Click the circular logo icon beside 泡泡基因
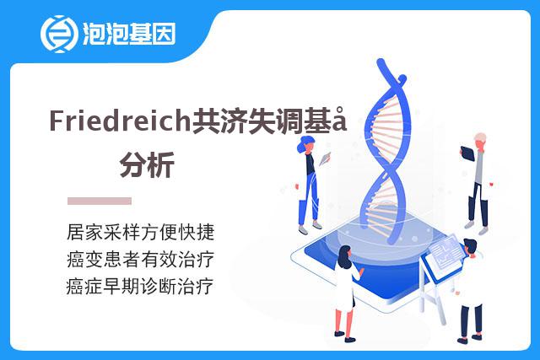point(58,34)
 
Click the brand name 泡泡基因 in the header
point(129,34)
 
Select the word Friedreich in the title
point(120,121)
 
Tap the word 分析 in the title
point(147,165)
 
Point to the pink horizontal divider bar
point(100,201)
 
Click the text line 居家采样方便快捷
point(141,232)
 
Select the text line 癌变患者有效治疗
point(141,259)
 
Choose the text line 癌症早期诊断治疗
point(140,287)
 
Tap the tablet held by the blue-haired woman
point(325,159)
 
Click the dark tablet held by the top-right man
point(467,153)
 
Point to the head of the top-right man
point(480,141)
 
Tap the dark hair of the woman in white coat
point(344,256)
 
